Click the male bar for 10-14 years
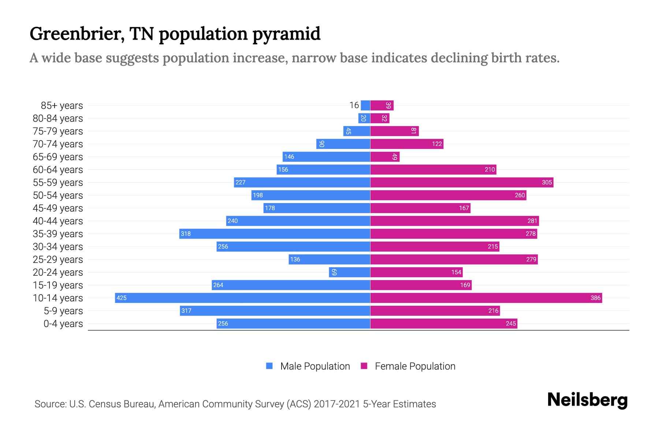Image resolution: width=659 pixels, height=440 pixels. pyautogui.click(x=242, y=298)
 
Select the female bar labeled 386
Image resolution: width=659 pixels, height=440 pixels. pyautogui.click(x=486, y=298)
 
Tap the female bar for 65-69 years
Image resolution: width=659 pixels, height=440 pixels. pyautogui.click(x=385, y=157)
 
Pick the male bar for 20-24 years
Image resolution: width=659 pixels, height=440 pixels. pyautogui.click(x=350, y=272)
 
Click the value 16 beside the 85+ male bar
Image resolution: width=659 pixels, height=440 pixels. pyautogui.click(x=354, y=105)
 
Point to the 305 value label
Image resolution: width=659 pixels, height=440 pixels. pyautogui.click(x=547, y=182)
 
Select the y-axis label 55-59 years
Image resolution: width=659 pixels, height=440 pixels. pyautogui.click(x=58, y=182)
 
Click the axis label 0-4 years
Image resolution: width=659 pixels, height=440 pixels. pyautogui.click(x=63, y=323)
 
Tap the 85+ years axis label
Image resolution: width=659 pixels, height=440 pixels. pyautogui.click(x=62, y=105)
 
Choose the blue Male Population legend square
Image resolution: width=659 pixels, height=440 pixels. pyautogui.click(x=269, y=366)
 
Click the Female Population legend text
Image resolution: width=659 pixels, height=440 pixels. pyautogui.click(x=415, y=366)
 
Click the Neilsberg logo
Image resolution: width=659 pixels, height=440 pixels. pyautogui.click(x=587, y=400)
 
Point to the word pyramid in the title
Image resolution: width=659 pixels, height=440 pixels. pyautogui.click(x=286, y=34)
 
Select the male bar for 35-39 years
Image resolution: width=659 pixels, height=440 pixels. pyautogui.click(x=275, y=234)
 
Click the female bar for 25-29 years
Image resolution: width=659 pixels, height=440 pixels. pyautogui.click(x=454, y=259)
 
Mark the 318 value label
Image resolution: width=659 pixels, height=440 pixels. pyautogui.click(x=186, y=234)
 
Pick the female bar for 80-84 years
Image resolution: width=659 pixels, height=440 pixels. pyautogui.click(x=380, y=118)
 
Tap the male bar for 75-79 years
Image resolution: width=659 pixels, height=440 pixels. pyautogui.click(x=357, y=131)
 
